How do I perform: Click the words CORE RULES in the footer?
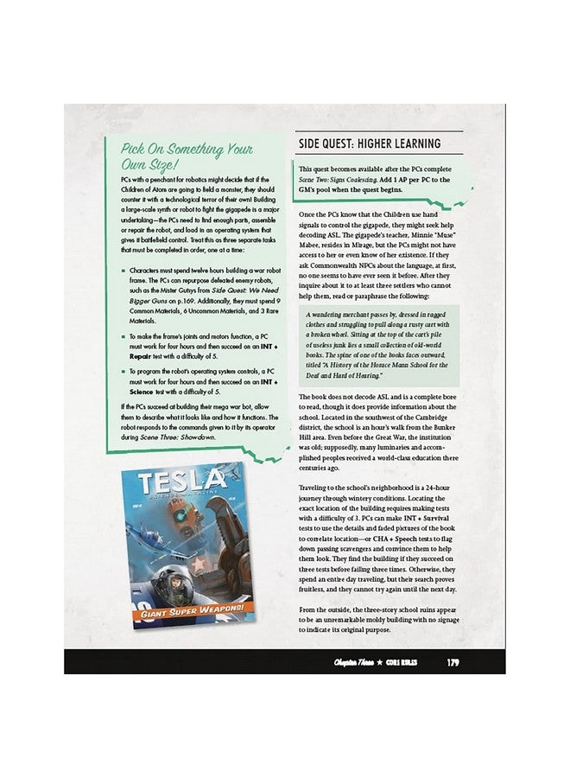pyautogui.click(x=399, y=663)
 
